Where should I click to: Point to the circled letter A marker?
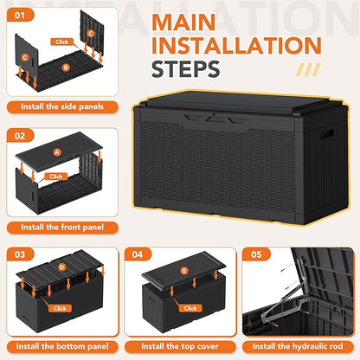coord(57,152)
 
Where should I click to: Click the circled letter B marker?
coord(66,66)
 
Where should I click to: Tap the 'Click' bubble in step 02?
coord(56,176)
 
